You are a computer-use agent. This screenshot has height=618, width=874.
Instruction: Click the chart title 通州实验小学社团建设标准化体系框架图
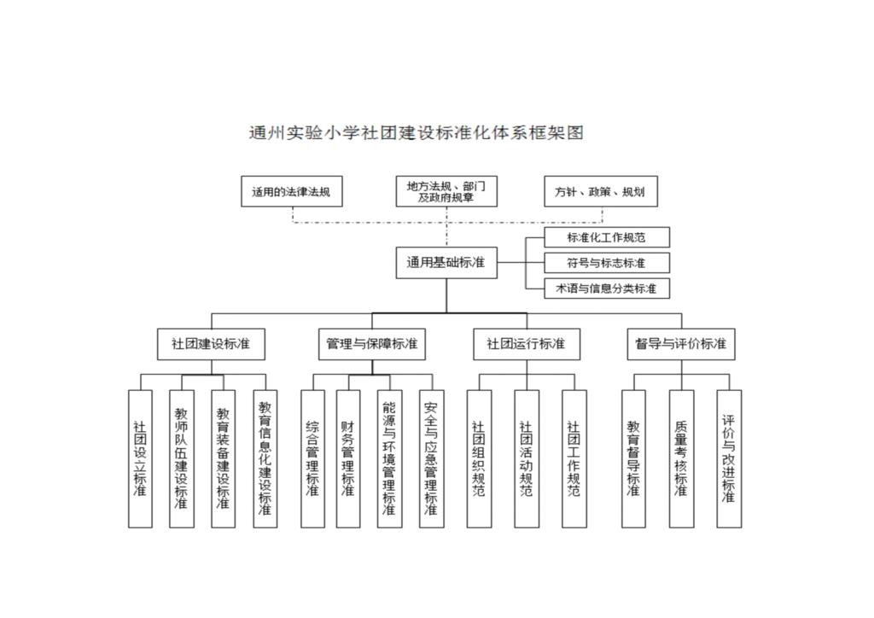[x=416, y=133]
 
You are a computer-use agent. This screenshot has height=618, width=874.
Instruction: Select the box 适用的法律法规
[x=291, y=191]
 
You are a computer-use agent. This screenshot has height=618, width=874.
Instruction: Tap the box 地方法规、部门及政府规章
[x=446, y=191]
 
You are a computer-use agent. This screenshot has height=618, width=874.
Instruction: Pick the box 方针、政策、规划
[x=601, y=191]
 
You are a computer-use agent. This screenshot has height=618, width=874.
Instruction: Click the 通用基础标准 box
[x=446, y=262]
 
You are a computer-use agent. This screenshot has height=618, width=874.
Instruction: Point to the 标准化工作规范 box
[x=606, y=236]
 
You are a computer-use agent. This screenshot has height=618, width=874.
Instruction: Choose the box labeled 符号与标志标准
[x=606, y=262]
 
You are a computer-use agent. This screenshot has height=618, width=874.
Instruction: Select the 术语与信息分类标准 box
[x=606, y=288]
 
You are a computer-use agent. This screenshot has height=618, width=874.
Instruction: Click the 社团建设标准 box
[x=211, y=344]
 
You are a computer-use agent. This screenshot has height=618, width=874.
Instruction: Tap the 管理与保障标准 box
[x=371, y=344]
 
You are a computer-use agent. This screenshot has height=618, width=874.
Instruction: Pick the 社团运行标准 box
[x=526, y=344]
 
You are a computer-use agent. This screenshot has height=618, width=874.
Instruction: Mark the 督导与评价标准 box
[x=680, y=344]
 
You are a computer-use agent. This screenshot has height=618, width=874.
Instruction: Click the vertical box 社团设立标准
[x=140, y=458]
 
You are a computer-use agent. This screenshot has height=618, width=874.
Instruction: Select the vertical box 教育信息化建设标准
[x=265, y=458]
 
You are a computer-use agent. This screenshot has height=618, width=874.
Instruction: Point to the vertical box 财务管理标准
[x=348, y=458]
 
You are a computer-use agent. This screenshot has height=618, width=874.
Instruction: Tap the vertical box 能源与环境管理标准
[x=389, y=458]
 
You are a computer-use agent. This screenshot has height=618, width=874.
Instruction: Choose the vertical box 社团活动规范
[x=526, y=458]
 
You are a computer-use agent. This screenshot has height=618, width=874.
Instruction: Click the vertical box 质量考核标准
[x=680, y=458]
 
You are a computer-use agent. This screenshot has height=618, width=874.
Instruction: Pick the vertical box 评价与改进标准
[x=729, y=458]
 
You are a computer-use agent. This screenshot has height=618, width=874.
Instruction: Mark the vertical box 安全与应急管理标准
[x=431, y=458]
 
